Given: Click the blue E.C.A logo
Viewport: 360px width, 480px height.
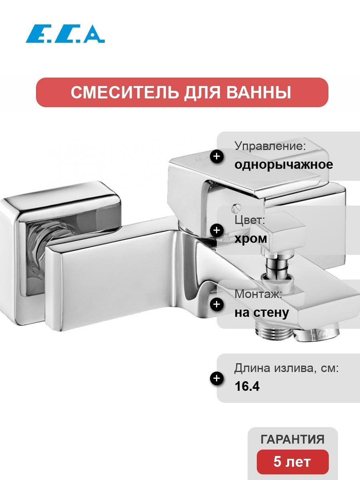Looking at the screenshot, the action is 65,34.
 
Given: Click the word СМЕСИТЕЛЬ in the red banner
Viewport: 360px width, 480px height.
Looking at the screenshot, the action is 124,92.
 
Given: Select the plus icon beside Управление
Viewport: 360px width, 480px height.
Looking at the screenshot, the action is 217,156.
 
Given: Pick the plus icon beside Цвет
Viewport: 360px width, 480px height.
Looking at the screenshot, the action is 217,230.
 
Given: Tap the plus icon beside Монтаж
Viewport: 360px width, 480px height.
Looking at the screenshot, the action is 217,304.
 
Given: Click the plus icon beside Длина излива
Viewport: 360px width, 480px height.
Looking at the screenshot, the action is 217,378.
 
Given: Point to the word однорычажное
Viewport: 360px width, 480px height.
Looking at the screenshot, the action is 284,165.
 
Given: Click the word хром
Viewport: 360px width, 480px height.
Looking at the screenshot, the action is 251,238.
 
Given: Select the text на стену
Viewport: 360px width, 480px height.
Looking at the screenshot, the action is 262,312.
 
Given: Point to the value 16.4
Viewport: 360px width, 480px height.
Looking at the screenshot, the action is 247,386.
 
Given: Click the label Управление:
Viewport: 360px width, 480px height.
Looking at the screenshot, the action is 270,146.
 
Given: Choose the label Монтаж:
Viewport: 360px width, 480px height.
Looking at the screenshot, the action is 258,294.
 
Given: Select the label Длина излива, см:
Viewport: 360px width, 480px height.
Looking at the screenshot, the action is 286,368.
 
